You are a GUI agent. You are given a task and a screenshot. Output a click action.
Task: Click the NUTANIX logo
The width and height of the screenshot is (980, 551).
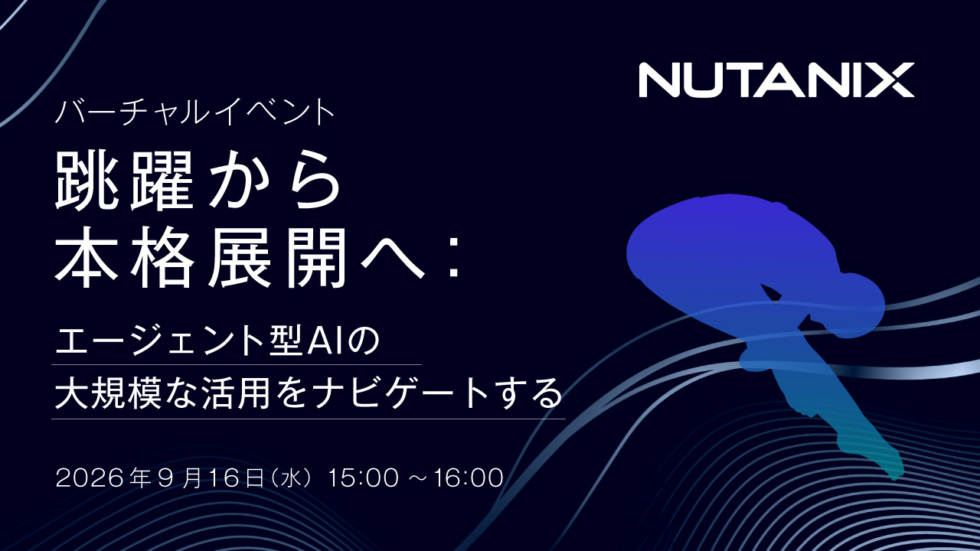click(x=776, y=80)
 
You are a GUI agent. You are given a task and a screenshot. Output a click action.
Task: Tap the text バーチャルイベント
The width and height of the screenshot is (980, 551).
click(x=195, y=112)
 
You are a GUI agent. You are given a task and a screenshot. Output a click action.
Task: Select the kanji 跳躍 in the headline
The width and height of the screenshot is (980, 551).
click(x=124, y=180)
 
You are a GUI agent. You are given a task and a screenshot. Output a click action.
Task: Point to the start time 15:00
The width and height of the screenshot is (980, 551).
click(x=364, y=478)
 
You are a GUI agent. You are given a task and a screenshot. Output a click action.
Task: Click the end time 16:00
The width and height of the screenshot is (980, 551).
click(x=469, y=478)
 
